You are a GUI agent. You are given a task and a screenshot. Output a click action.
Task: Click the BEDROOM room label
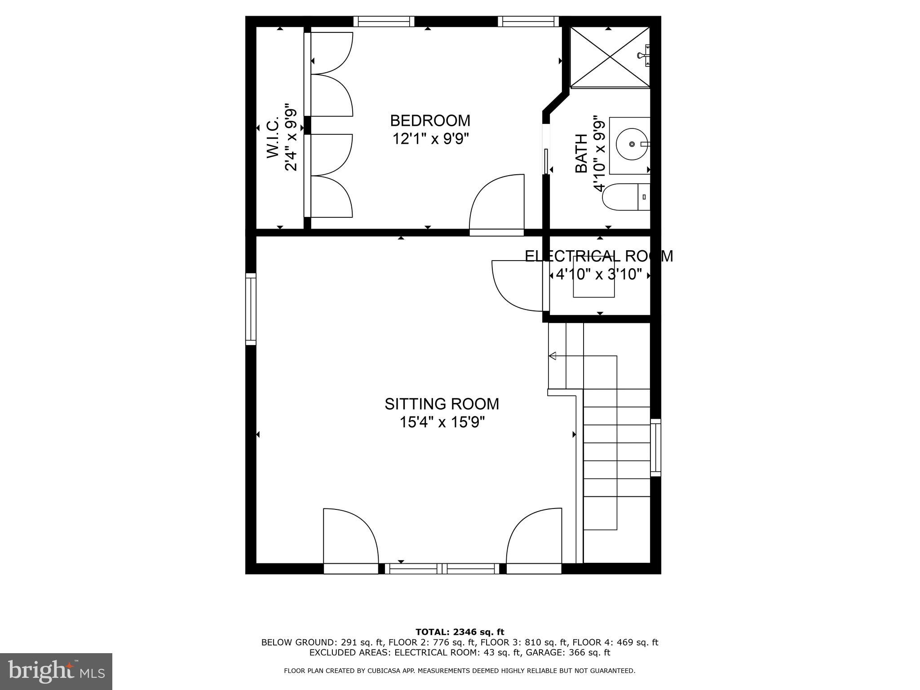430,121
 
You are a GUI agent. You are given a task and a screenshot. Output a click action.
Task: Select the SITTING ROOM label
442,404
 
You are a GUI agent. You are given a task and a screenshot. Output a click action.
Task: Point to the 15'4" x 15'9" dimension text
442,422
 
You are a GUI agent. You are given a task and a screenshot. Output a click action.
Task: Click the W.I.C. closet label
273,137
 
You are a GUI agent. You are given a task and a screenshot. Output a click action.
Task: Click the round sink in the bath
632,144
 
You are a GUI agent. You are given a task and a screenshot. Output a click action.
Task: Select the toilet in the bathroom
624,197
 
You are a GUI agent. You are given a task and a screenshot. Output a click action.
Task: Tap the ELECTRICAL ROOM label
599,256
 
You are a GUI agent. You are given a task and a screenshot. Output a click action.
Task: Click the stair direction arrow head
553,356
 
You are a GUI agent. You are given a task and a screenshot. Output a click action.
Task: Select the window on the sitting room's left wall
251,309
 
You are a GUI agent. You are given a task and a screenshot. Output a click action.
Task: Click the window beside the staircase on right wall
656,447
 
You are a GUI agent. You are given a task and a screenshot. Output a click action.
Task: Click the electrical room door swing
517,285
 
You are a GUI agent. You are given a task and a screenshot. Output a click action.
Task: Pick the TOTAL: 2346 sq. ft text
460,632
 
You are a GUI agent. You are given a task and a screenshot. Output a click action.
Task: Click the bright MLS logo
56,671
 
